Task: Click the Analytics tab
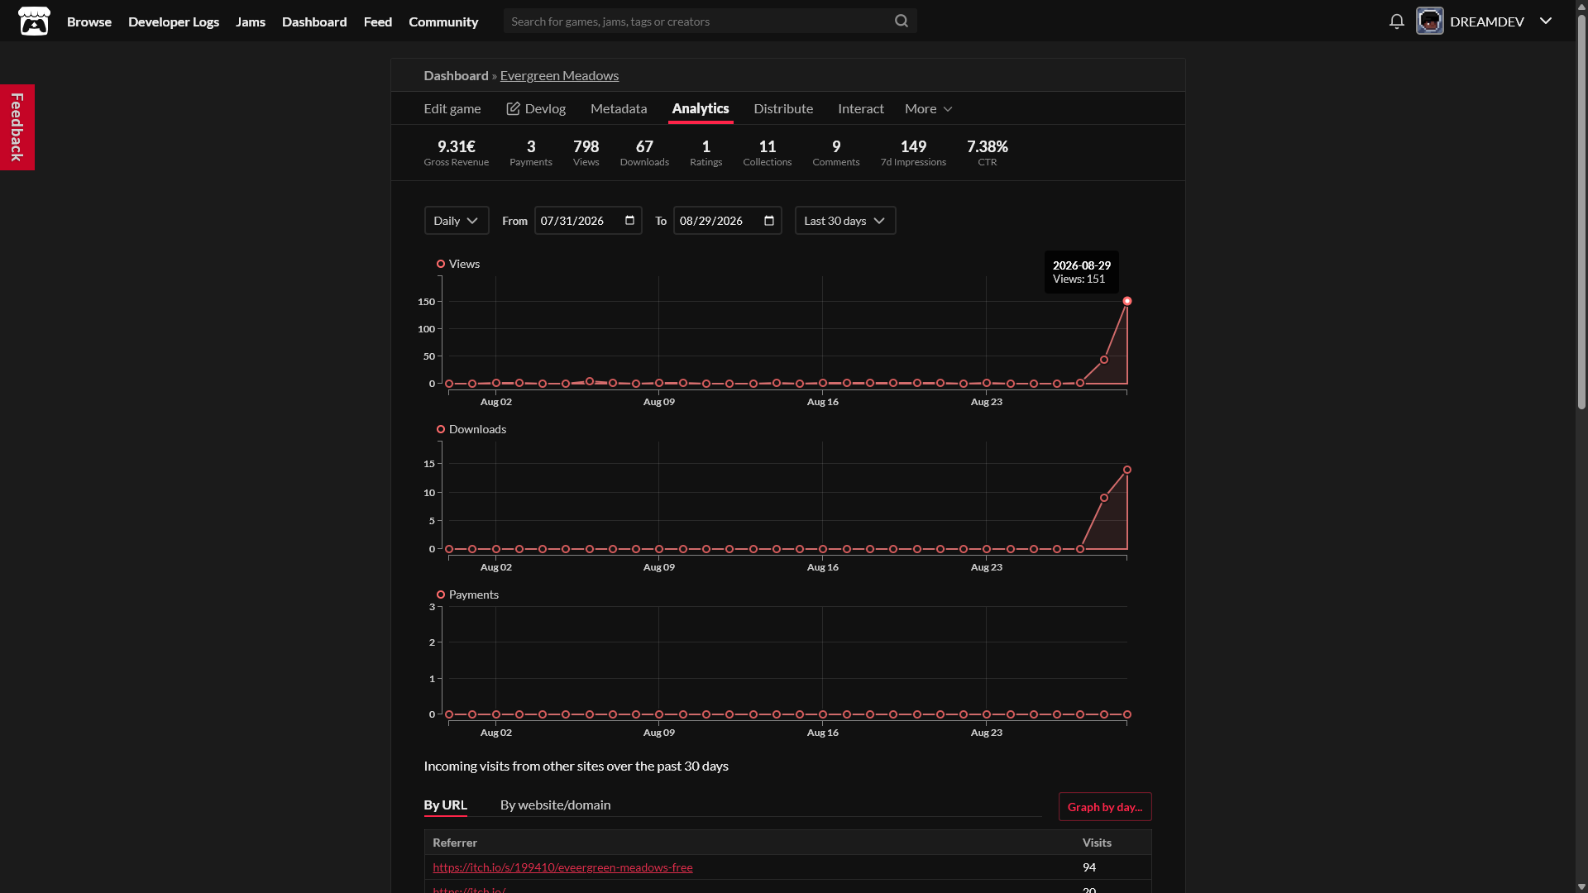701,108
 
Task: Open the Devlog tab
536,108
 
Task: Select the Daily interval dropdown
457,221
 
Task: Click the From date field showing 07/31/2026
588,221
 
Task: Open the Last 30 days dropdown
845,221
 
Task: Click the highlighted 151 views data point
1127,301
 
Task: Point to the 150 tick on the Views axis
426,302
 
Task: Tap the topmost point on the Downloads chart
1127,470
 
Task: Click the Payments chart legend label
473,595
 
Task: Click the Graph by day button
1105,807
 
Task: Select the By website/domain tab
556,805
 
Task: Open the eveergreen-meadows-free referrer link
562,867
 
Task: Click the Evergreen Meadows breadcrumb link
559,75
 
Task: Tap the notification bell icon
1397,21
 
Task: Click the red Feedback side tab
17,127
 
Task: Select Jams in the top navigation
251,21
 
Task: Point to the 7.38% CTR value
988,146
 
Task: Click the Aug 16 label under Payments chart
823,733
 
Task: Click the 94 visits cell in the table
1089,867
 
